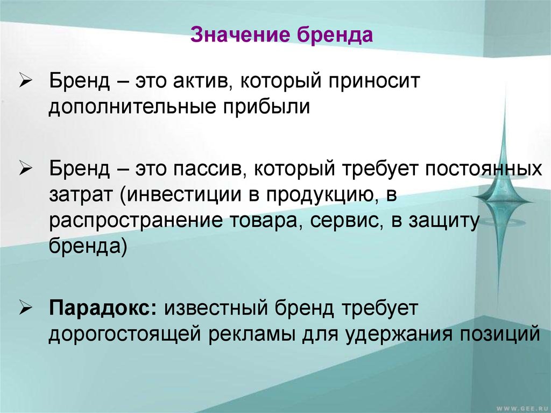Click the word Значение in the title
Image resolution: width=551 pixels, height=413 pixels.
(241, 35)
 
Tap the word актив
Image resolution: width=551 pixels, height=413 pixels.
(199, 81)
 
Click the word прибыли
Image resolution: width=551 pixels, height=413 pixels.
(266, 107)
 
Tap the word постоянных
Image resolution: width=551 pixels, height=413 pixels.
(484, 169)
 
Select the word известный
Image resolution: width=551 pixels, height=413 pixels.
(216, 308)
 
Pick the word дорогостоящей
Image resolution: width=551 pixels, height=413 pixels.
(124, 335)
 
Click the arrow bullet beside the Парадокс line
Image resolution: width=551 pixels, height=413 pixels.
(26, 309)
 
